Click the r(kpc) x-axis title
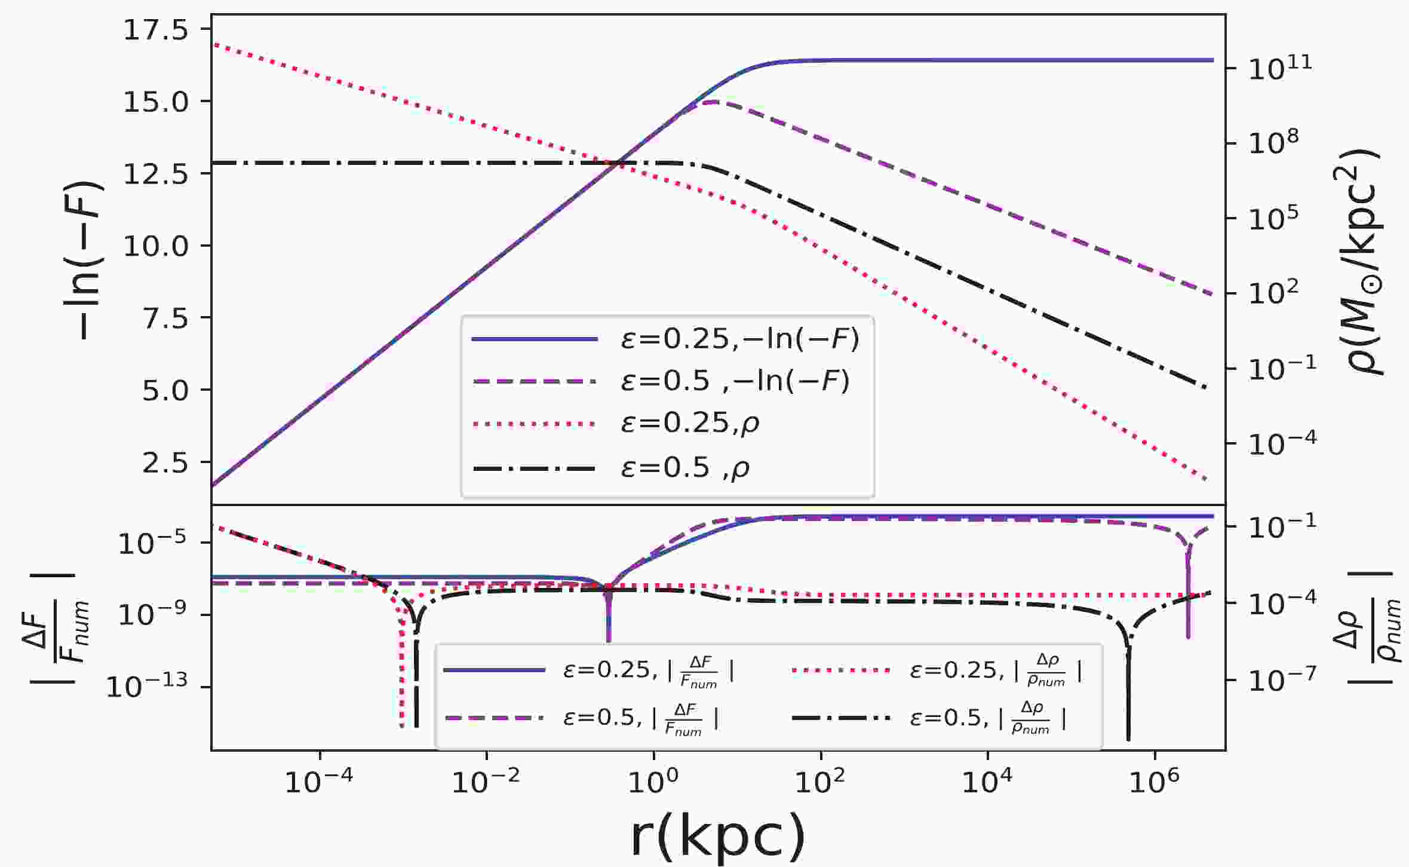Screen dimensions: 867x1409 coord(717,838)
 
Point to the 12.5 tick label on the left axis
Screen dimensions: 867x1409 coord(155,174)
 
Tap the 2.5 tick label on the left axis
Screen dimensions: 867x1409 coord(164,463)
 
